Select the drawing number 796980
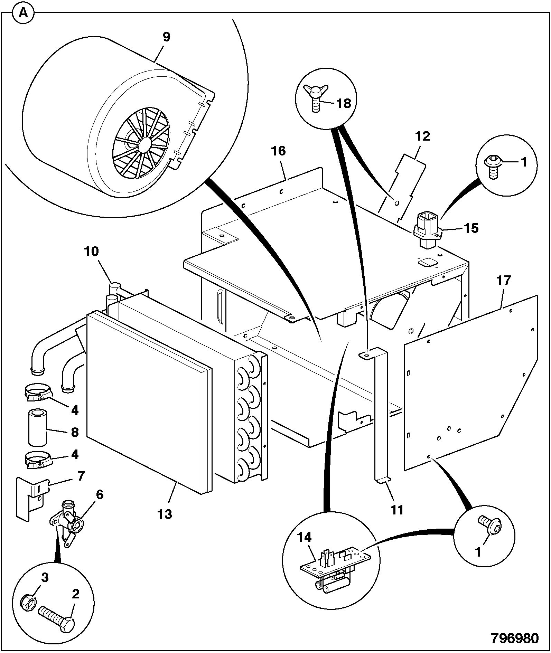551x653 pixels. point(515,638)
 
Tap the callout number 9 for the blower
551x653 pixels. point(166,37)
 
